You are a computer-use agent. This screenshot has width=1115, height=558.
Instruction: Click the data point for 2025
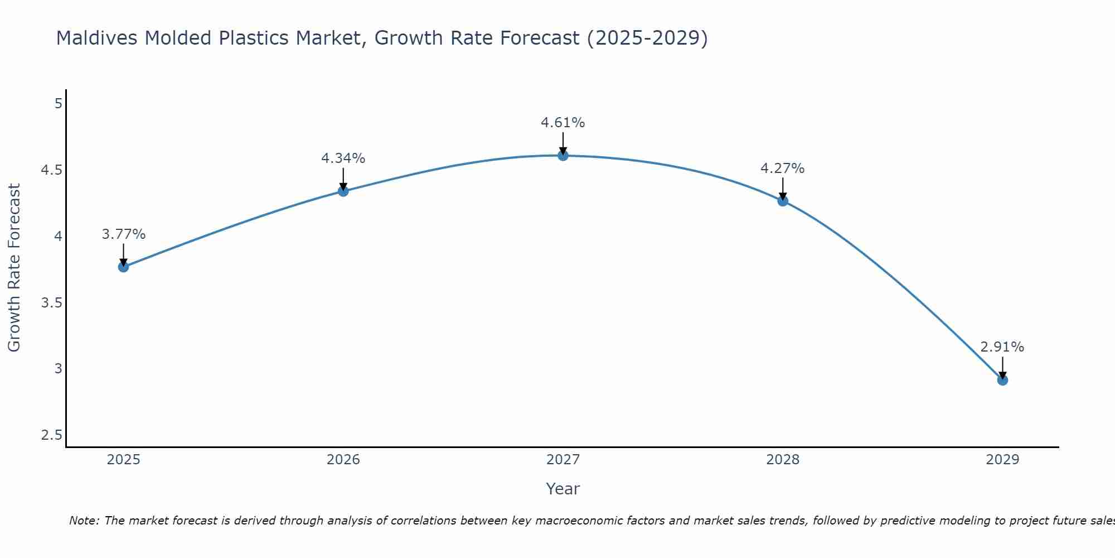123,267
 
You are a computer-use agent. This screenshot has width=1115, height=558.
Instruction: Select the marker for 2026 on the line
343,191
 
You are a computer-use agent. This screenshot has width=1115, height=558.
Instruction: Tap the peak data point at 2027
563,156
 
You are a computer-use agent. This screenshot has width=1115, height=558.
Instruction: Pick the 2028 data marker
783,201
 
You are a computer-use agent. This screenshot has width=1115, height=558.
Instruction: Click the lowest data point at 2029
1002,380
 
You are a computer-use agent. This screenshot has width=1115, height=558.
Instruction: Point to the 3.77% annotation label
123,234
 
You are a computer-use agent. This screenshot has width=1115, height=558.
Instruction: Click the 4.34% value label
343,158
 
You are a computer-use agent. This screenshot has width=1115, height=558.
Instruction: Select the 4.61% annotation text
563,123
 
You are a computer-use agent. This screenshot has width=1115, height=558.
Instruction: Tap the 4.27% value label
782,169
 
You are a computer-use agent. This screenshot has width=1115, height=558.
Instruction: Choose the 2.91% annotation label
1002,347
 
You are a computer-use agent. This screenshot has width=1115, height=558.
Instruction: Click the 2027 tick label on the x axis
563,460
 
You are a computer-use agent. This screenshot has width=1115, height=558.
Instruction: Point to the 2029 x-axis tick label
1002,460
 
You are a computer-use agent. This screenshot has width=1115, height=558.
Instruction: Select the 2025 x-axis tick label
123,460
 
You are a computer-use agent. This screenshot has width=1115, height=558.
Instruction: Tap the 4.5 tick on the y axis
51,170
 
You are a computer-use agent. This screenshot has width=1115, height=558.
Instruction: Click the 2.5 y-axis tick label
51,435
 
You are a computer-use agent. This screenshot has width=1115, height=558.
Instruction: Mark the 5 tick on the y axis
58,104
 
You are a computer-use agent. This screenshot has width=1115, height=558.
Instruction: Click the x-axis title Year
563,489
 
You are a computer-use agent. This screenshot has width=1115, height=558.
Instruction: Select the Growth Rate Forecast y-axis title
14,267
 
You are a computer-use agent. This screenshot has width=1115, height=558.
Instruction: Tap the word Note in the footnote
84,521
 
